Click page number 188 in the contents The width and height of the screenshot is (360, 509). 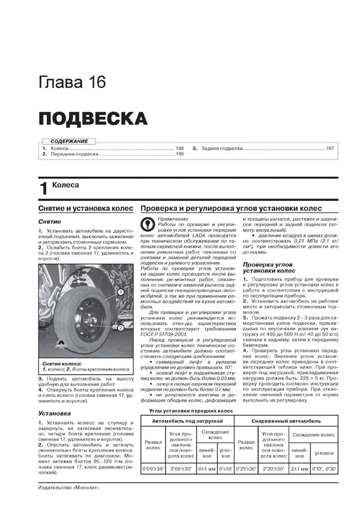(179, 148)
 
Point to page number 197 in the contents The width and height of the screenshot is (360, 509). (329, 148)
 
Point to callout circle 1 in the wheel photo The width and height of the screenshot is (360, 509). (121, 292)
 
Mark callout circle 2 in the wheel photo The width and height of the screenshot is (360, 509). (121, 328)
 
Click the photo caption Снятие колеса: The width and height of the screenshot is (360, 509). (62, 347)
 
